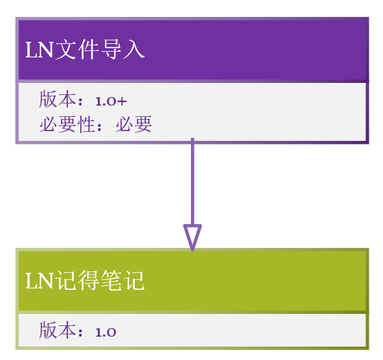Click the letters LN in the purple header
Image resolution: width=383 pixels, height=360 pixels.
pos(39,50)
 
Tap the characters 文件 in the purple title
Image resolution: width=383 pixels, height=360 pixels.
pos(77,50)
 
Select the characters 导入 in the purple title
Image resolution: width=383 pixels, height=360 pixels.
pos(123,50)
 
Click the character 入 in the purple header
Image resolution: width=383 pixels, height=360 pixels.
pos(134,50)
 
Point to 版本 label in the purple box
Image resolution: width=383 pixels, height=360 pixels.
pos(57,99)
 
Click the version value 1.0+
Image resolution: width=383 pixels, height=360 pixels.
pos(111,101)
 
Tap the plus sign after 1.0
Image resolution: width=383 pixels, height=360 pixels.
pos(122,101)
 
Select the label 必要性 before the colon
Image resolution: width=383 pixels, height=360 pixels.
pos(67,124)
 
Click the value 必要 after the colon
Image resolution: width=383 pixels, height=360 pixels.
pos(134,124)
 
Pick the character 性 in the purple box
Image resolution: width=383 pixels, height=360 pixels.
pos(87,124)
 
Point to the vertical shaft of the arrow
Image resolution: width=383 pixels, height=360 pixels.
pos(192,181)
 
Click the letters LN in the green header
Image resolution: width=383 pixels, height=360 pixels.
pos(39,281)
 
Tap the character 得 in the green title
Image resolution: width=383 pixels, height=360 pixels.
pos(89,281)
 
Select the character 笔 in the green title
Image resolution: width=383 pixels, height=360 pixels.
pos(111,281)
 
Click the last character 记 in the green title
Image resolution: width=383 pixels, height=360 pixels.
pos(134,281)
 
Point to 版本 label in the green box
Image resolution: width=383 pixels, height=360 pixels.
pos(57,330)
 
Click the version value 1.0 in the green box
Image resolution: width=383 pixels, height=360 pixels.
pos(106,332)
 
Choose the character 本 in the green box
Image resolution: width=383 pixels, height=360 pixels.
pos(67,330)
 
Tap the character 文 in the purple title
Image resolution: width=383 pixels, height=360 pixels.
pos(65,50)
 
